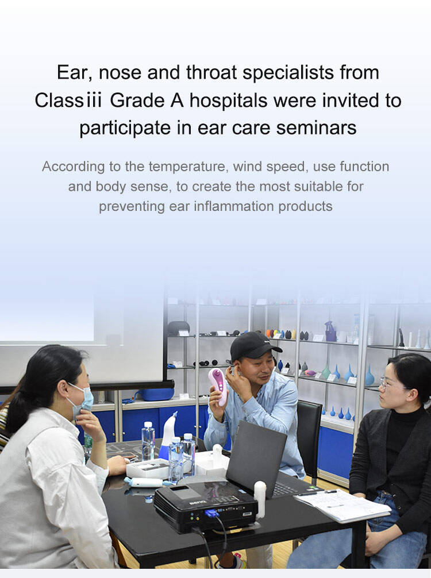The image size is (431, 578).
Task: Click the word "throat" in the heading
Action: click(x=211, y=72)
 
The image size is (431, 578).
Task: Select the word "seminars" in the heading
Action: click(x=316, y=128)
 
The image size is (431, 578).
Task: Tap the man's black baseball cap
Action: click(x=254, y=345)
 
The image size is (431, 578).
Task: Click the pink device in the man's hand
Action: click(x=218, y=387)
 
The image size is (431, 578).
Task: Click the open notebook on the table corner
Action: click(x=342, y=504)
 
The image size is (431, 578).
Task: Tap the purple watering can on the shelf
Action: click(x=330, y=332)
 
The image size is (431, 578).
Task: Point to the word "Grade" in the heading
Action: click(x=137, y=101)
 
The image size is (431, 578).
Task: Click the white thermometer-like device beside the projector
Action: click(x=260, y=499)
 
